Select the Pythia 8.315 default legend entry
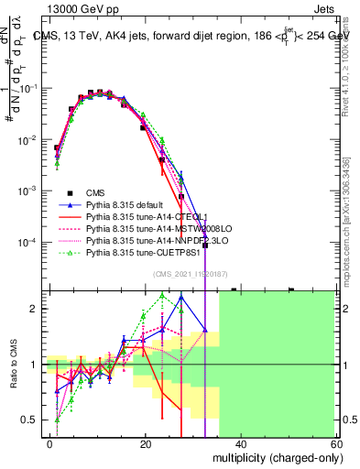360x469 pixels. (125, 204)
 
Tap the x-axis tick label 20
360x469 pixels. (145, 443)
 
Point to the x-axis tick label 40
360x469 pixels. (240, 443)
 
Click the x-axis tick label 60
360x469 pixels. (334, 443)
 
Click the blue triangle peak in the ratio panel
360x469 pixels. (182, 297)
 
